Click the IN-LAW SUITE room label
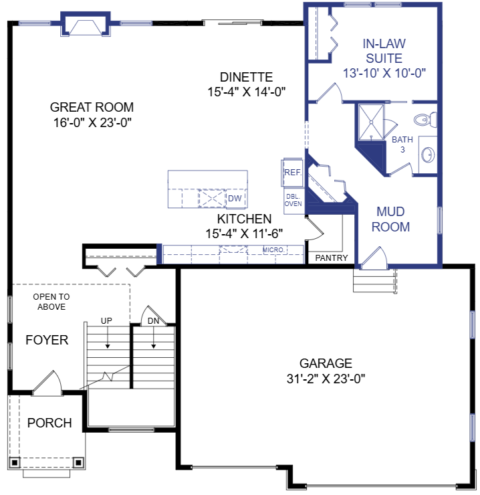(384, 50)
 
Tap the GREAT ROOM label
(92, 107)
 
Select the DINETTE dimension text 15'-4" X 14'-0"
(246, 92)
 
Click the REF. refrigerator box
(293, 173)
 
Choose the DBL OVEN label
(293, 199)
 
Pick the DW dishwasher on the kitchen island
(234, 199)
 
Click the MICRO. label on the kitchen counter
(273, 250)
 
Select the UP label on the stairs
(106, 321)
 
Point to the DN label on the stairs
(154, 321)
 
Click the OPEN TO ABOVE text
(50, 302)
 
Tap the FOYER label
(47, 340)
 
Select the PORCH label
(49, 423)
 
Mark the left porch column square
(14, 462)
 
